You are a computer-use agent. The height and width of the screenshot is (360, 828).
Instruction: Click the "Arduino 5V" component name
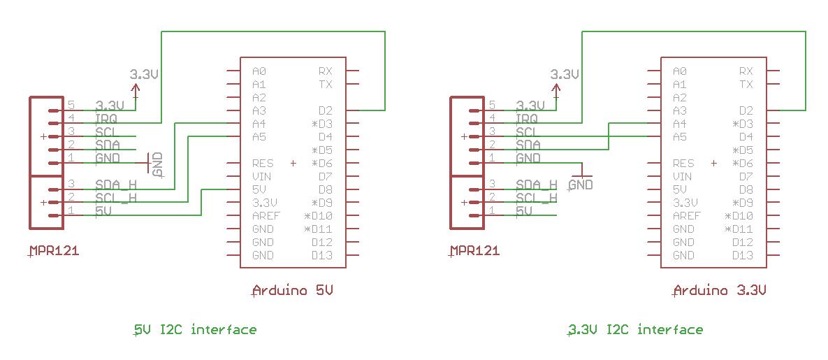[293, 290]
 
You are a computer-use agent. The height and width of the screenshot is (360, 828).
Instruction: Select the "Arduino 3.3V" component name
[720, 290]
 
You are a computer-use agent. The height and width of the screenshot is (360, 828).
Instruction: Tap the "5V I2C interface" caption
[195, 330]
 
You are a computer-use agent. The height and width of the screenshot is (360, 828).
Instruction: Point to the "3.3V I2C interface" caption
[634, 330]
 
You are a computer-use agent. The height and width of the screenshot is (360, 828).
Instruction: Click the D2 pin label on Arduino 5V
[326, 110]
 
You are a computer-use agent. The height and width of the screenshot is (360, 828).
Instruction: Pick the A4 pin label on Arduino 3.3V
[680, 124]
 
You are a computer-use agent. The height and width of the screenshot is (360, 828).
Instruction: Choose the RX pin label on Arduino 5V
[326, 71]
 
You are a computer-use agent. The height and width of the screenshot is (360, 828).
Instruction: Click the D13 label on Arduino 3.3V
[743, 256]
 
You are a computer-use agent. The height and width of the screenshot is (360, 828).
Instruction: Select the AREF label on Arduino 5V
[266, 216]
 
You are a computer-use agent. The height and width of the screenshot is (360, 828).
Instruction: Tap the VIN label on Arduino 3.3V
[683, 176]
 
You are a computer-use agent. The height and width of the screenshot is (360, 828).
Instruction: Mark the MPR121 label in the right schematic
[474, 250]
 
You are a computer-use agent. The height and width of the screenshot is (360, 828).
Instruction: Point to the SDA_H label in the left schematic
[116, 185]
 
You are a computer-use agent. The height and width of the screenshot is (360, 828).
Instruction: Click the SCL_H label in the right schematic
[537, 198]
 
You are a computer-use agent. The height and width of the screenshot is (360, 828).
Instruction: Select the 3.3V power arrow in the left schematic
[136, 90]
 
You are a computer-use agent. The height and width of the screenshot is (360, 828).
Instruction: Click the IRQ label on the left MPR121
[106, 118]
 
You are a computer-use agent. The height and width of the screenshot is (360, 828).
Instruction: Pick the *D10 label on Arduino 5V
[318, 216]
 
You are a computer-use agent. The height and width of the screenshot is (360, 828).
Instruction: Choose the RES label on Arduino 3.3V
[683, 164]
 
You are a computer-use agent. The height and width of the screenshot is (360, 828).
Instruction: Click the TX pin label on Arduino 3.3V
[746, 84]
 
